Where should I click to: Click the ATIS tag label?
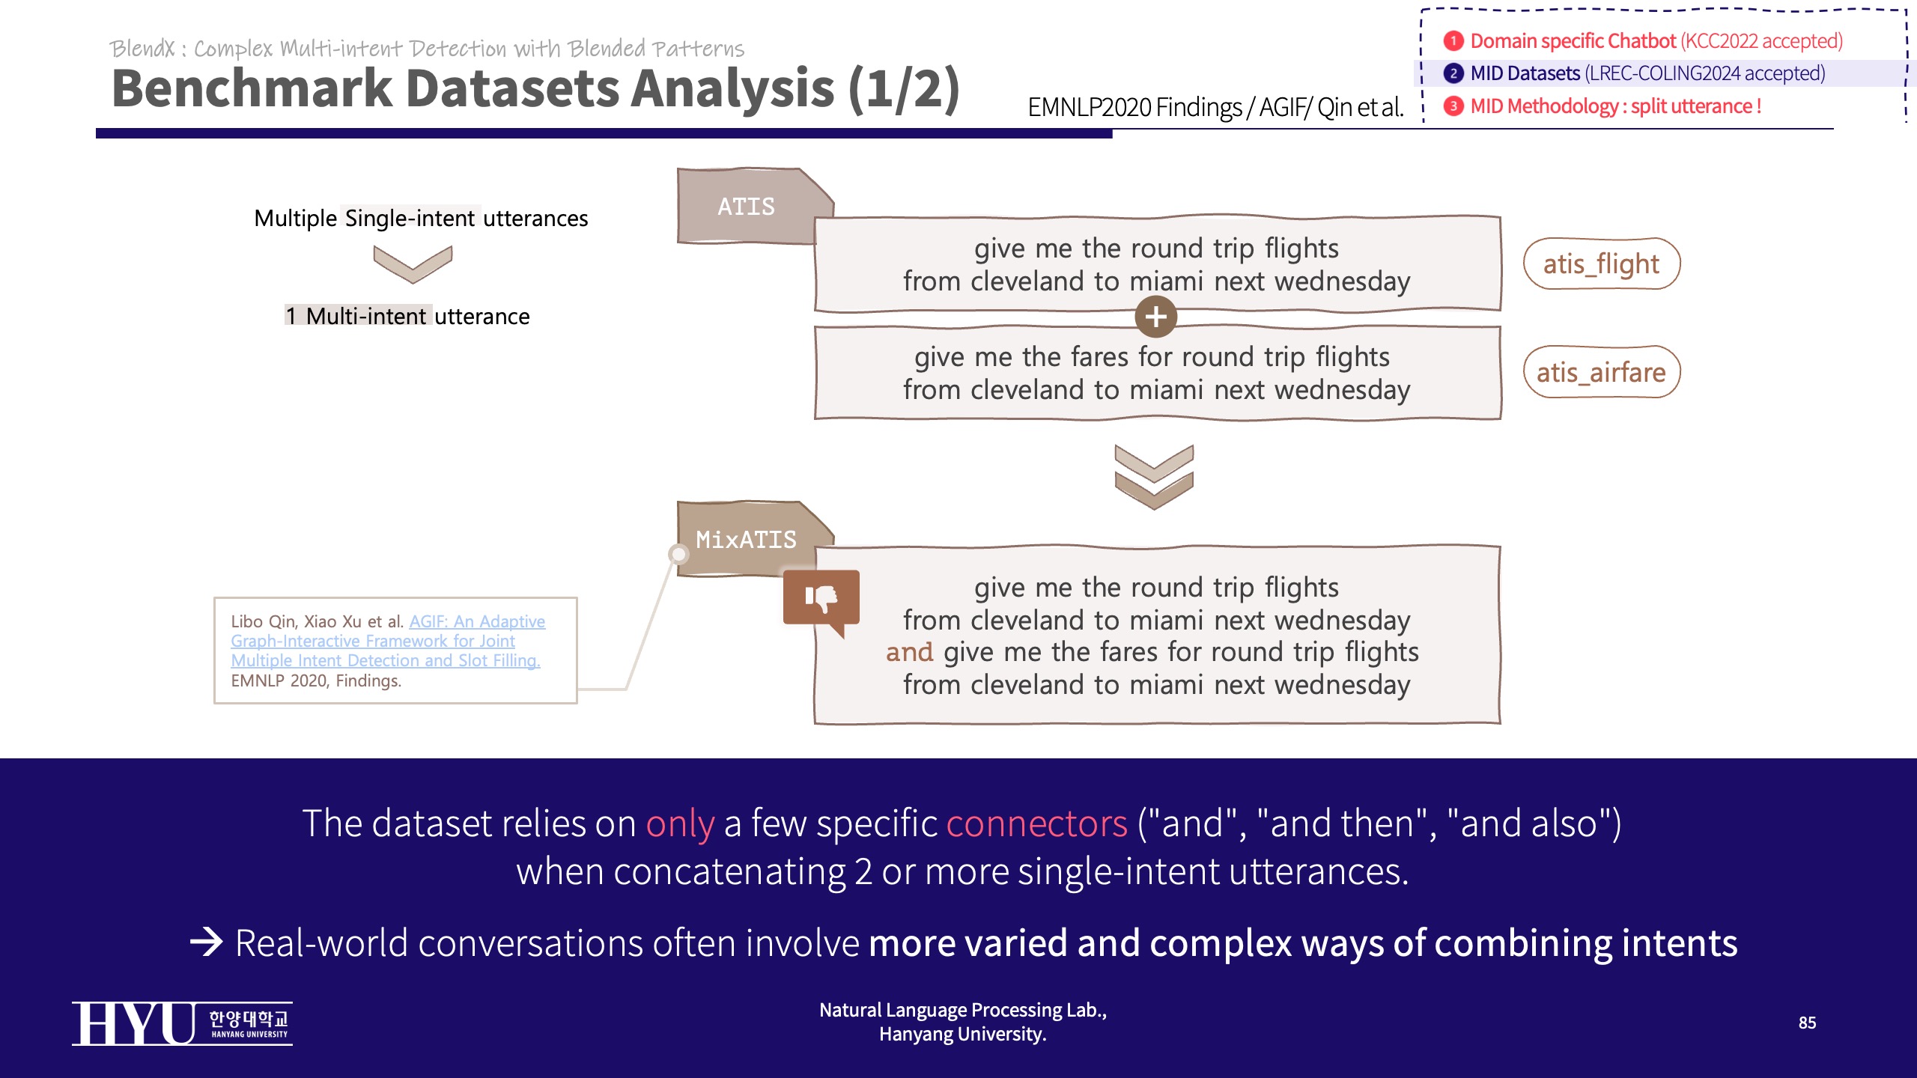(746, 207)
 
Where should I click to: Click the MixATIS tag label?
(746, 540)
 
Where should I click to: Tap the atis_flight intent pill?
(1601, 264)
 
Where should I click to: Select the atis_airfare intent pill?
(1601, 372)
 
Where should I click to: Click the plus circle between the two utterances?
(1155, 317)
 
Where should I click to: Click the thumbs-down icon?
(821, 599)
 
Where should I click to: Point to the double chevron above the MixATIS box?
(1154, 477)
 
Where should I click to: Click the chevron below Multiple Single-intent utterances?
(413, 264)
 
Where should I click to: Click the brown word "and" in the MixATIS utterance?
(909, 652)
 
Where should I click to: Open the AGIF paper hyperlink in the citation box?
(387, 641)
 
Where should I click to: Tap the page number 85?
(1807, 1023)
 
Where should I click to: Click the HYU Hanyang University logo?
(182, 1023)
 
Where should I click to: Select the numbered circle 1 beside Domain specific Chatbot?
(1453, 40)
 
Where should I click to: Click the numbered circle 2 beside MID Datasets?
(1453, 73)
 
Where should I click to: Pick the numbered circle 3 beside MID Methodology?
(1453, 106)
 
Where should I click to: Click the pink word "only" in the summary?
(679, 823)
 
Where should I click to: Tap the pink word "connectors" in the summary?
(1036, 823)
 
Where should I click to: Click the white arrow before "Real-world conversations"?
(206, 942)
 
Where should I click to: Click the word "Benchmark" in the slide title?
(252, 88)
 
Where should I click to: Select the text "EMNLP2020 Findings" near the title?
(1134, 108)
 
